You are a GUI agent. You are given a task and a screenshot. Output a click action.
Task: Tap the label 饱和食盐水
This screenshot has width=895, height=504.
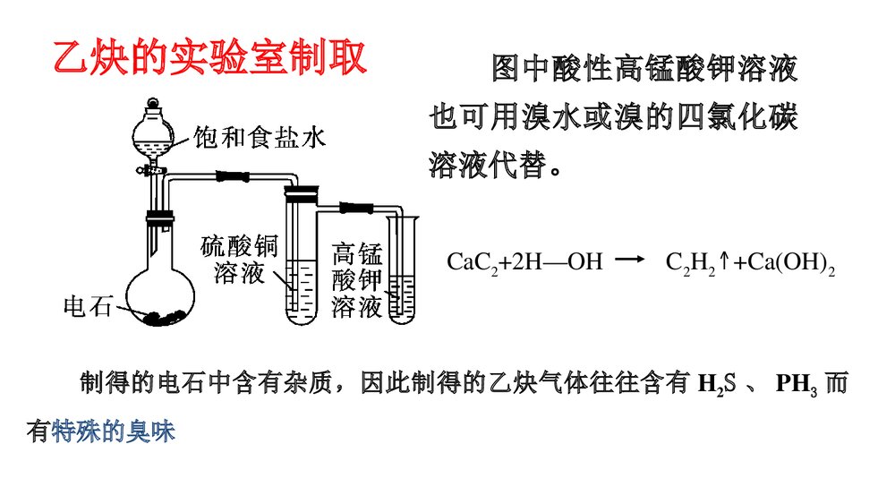[x=260, y=137]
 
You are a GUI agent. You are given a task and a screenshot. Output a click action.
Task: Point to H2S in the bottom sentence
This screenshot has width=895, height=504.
[x=715, y=385]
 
